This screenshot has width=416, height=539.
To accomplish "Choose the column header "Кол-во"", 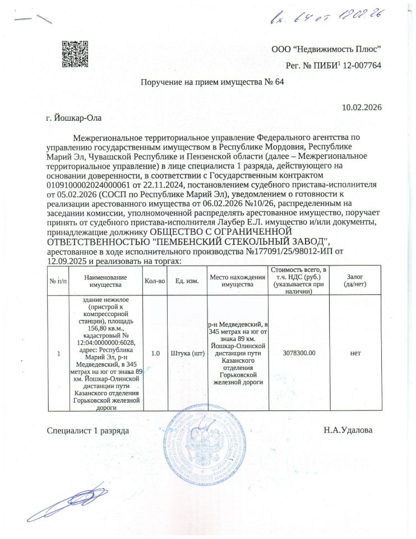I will coord(155,281).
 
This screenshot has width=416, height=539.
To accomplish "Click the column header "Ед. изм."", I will coord(187,281).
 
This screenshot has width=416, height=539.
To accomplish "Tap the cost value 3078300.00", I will coord(301,353).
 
